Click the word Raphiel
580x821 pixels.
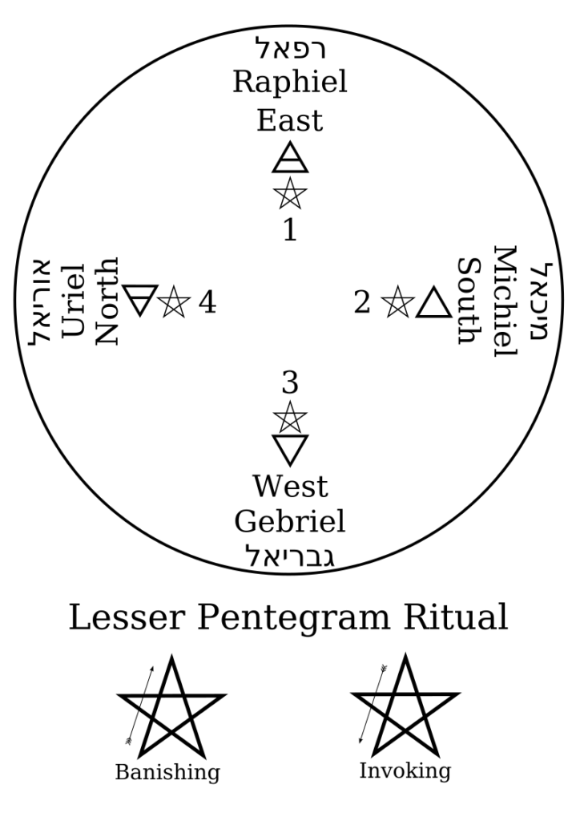(x=289, y=82)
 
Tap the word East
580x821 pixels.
(x=289, y=120)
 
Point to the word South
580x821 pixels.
(x=469, y=302)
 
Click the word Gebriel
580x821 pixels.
(x=289, y=523)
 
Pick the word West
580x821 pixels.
(x=289, y=487)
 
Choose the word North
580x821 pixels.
(x=107, y=302)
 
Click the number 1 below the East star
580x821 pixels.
(x=289, y=230)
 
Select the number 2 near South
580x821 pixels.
(x=362, y=302)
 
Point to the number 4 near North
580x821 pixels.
(x=207, y=302)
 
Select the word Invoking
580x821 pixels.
(x=405, y=770)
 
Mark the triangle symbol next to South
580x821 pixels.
(x=433, y=302)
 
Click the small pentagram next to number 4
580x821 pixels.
(x=173, y=302)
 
